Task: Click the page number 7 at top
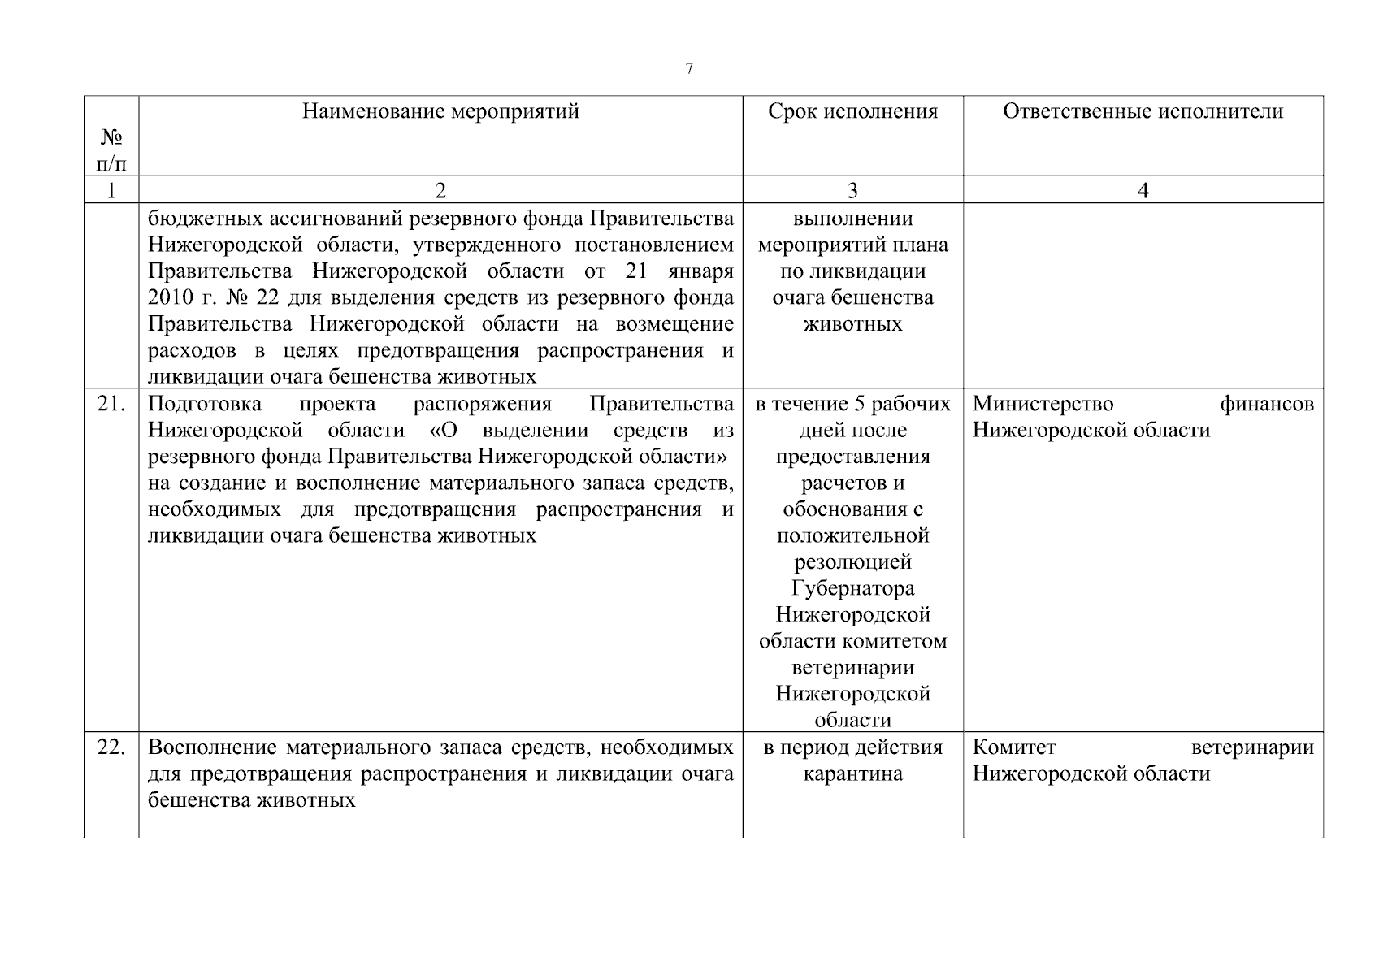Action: point(689,68)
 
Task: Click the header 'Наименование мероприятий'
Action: point(440,111)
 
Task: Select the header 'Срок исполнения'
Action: point(852,111)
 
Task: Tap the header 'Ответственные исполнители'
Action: point(1143,111)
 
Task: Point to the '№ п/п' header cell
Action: point(111,150)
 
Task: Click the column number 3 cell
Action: point(852,191)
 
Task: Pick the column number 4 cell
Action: point(1143,191)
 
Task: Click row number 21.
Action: point(111,404)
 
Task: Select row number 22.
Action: point(111,747)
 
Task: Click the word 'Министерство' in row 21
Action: point(1043,404)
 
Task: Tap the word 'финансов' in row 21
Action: point(1267,404)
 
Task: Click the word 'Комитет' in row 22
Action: point(1013,747)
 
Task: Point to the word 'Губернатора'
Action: point(852,588)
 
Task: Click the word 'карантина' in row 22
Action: point(852,773)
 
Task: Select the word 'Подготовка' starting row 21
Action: point(205,404)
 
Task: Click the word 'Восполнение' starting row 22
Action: point(213,747)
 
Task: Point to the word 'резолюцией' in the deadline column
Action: point(852,562)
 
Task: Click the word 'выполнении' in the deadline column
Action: point(852,219)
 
